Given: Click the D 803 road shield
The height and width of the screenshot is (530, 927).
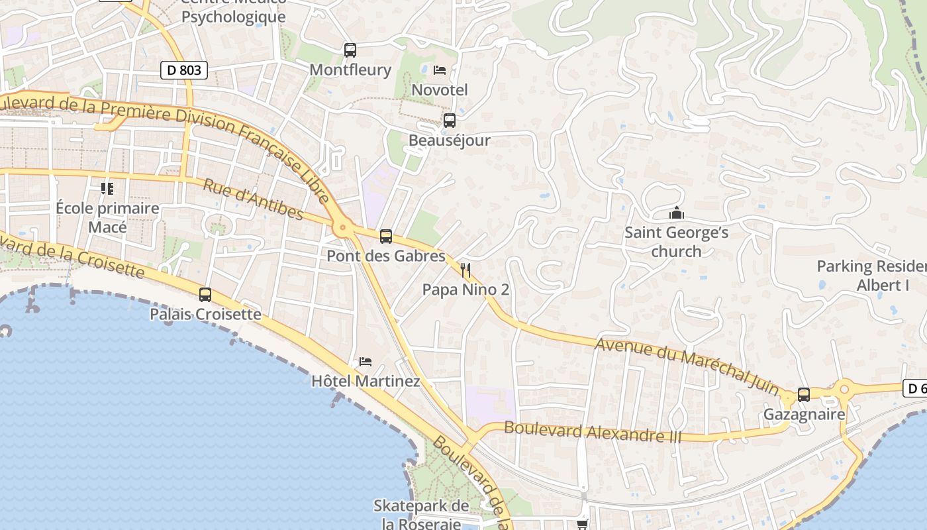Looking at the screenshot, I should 184,70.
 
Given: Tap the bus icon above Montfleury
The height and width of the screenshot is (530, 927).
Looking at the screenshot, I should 350,50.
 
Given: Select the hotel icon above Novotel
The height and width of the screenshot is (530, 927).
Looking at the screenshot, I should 440,70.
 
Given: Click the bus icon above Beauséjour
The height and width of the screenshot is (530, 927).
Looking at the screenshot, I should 450,121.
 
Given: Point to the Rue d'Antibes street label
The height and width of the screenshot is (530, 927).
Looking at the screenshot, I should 253,199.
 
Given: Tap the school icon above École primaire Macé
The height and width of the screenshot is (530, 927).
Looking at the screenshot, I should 107,189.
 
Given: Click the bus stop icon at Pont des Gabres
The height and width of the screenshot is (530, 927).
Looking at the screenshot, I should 386,236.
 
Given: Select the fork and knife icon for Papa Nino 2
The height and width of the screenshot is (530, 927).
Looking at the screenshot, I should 465,270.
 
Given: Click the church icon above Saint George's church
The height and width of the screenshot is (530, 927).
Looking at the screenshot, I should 676,213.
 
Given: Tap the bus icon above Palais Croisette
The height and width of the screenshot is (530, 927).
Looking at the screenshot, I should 205,295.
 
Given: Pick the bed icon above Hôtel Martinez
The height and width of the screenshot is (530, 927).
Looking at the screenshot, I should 366,362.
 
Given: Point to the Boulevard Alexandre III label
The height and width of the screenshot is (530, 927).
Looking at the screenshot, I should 593,431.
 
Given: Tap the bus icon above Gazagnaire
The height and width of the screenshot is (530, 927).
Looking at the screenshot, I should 804,395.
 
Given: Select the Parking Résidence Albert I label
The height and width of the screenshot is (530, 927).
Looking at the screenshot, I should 871,276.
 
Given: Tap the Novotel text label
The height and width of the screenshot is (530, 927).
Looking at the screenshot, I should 440,89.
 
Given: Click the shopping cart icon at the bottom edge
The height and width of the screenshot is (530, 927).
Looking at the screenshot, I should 582,524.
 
